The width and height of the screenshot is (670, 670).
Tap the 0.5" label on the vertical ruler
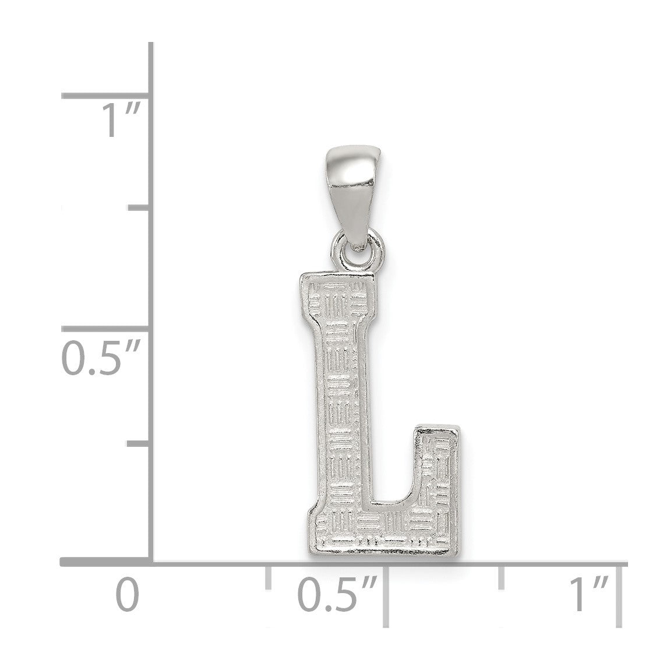coord(102,358)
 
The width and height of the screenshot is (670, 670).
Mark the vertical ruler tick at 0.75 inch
coord(139,207)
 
